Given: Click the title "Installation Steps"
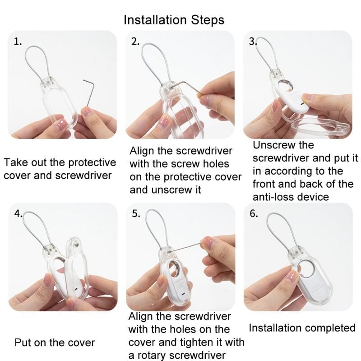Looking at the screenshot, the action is tap(174, 20).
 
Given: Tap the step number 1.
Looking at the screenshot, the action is tap(18, 42).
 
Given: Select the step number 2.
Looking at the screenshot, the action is tap(135, 42).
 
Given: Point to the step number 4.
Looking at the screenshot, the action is tap(18, 214).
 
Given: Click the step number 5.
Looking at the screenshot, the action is tap(136, 214).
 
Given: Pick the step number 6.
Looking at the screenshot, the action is tap(254, 214).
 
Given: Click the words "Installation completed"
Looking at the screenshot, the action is tap(302, 328).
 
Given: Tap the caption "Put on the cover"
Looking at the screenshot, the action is tap(55, 342).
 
